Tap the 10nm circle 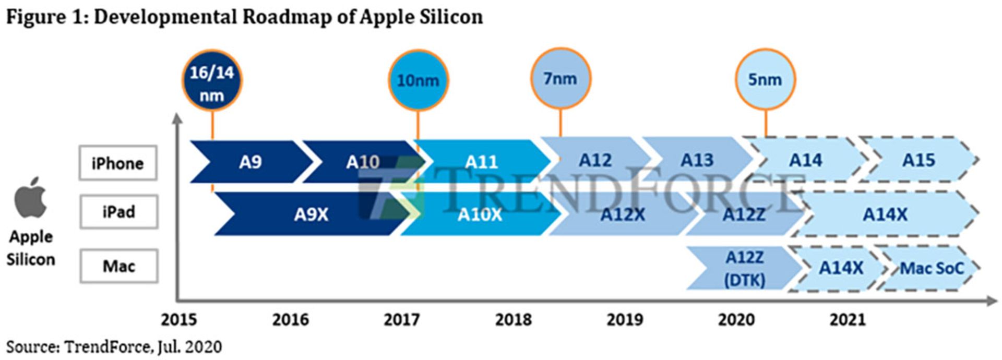tap(418, 80)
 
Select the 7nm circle tap(560, 79)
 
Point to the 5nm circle tap(765, 79)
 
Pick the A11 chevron tap(482, 162)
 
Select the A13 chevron tap(697, 160)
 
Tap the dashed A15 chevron tap(918, 160)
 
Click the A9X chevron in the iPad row tap(311, 214)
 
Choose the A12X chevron tap(622, 214)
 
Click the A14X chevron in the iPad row tap(885, 214)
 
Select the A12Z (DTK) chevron tap(744, 269)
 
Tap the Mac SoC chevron tap(932, 268)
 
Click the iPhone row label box tap(118, 163)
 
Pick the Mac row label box tap(119, 266)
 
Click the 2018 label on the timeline tap(514, 319)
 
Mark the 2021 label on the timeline tap(848, 319)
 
